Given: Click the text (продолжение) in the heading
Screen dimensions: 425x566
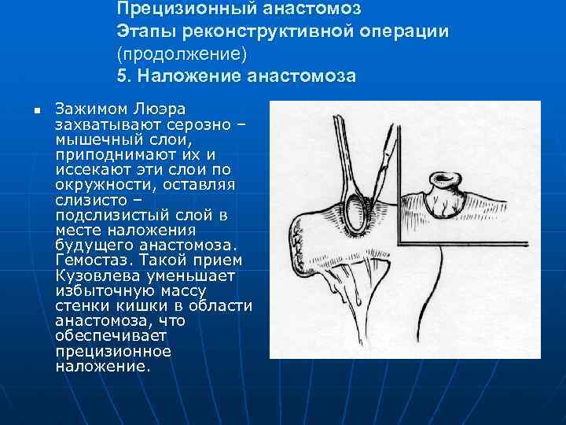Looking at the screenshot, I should (182, 54).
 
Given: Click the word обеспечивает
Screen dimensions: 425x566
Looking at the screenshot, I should (102, 335).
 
